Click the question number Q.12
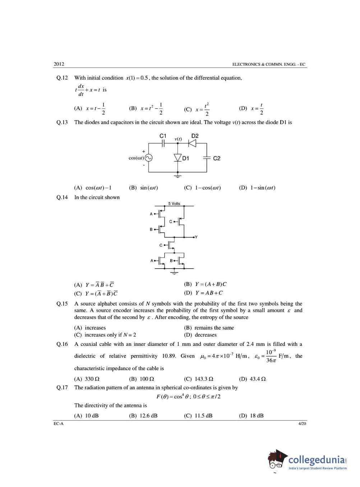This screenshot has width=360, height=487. (x=62, y=78)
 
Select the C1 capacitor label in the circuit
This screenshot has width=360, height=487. (x=163, y=136)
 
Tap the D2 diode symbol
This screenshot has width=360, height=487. (x=192, y=143)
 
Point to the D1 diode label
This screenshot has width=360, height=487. (x=186, y=158)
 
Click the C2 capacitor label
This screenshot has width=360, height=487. (x=217, y=158)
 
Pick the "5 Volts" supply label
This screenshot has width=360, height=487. (x=174, y=204)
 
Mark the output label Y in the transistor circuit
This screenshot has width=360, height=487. (x=197, y=237)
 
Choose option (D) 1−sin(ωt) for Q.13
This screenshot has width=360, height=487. (x=257, y=188)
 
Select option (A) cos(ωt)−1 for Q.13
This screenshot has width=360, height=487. (x=93, y=188)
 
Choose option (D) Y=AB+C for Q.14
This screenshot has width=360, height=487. (x=203, y=293)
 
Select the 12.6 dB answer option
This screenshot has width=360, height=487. (x=143, y=416)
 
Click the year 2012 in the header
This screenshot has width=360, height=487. (x=59, y=64)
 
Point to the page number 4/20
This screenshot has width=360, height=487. (x=302, y=424)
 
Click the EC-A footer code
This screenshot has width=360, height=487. (x=59, y=424)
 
